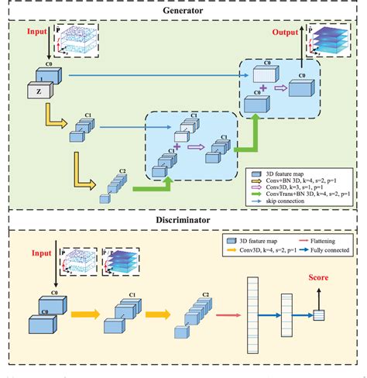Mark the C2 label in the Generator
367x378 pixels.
tap(123, 171)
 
